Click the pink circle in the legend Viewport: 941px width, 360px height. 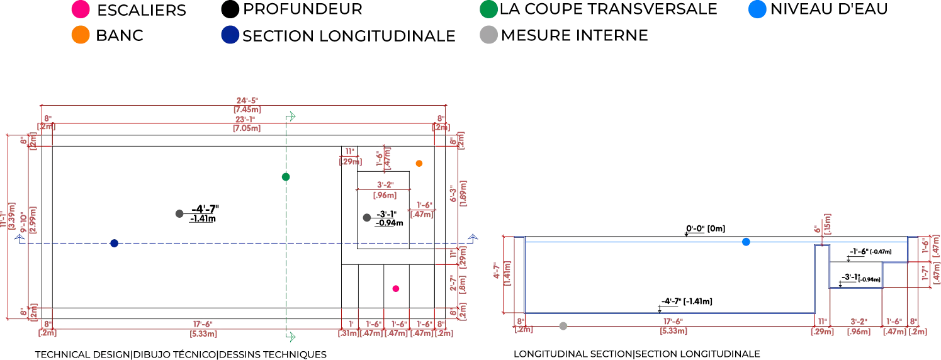(x=81, y=9)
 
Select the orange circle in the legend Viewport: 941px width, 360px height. (x=81, y=35)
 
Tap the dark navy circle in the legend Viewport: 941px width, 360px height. (x=230, y=35)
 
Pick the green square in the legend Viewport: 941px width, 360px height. (x=488, y=9)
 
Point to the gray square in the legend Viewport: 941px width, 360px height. (x=488, y=35)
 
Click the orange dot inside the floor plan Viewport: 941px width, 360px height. (x=419, y=164)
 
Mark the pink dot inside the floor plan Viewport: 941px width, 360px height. (x=396, y=288)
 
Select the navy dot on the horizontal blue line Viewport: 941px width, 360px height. (x=115, y=244)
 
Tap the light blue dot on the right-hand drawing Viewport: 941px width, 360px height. (x=746, y=242)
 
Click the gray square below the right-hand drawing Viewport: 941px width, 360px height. (x=563, y=325)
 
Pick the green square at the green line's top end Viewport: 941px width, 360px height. (x=291, y=116)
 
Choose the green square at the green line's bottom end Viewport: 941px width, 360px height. (x=291, y=337)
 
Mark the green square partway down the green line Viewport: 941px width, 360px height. (x=286, y=177)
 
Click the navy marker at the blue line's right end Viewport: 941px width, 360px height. (x=472, y=237)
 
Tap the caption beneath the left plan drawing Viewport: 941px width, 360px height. (x=179, y=354)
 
